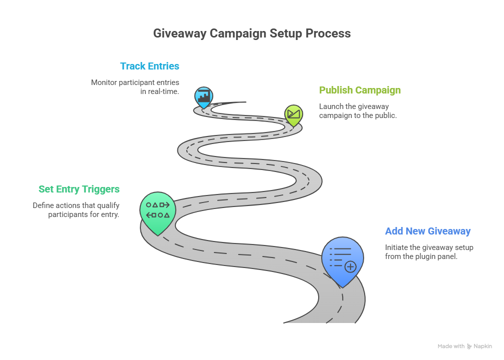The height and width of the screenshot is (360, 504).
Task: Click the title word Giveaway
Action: click(180, 34)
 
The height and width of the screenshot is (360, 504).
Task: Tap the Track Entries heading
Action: click(150, 66)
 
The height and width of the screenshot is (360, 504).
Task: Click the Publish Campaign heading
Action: click(360, 90)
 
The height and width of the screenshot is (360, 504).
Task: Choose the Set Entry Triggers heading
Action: click(79, 189)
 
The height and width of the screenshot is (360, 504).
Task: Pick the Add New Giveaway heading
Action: click(428, 231)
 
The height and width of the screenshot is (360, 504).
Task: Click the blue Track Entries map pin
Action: click(203, 97)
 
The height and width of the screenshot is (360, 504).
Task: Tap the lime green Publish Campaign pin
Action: click(294, 115)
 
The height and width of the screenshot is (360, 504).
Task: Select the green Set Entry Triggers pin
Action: click(158, 213)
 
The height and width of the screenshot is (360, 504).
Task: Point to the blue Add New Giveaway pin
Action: click(343, 261)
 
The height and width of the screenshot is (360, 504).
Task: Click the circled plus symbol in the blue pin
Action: click(350, 266)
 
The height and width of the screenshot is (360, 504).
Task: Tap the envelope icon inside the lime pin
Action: click(294, 113)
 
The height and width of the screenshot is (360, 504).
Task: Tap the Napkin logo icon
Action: click(470, 346)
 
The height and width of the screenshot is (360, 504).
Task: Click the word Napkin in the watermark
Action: click(483, 346)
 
